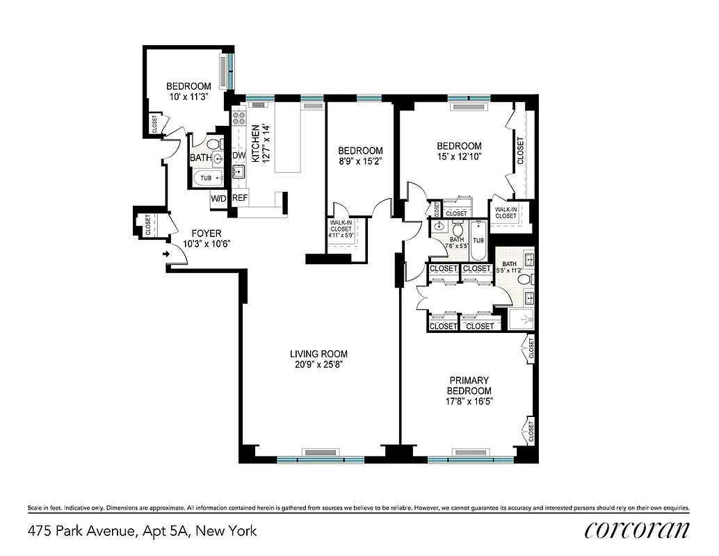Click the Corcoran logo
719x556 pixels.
637,530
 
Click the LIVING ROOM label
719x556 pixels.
319,354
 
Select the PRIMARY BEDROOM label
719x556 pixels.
470,385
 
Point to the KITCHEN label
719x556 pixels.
256,144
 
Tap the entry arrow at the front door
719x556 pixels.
166,254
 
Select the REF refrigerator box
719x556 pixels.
240,198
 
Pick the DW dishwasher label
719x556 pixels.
239,156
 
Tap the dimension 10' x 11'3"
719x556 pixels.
188,97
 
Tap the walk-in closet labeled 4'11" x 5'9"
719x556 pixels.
341,229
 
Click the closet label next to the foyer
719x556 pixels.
147,224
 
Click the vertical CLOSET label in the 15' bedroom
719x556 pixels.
520,151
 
